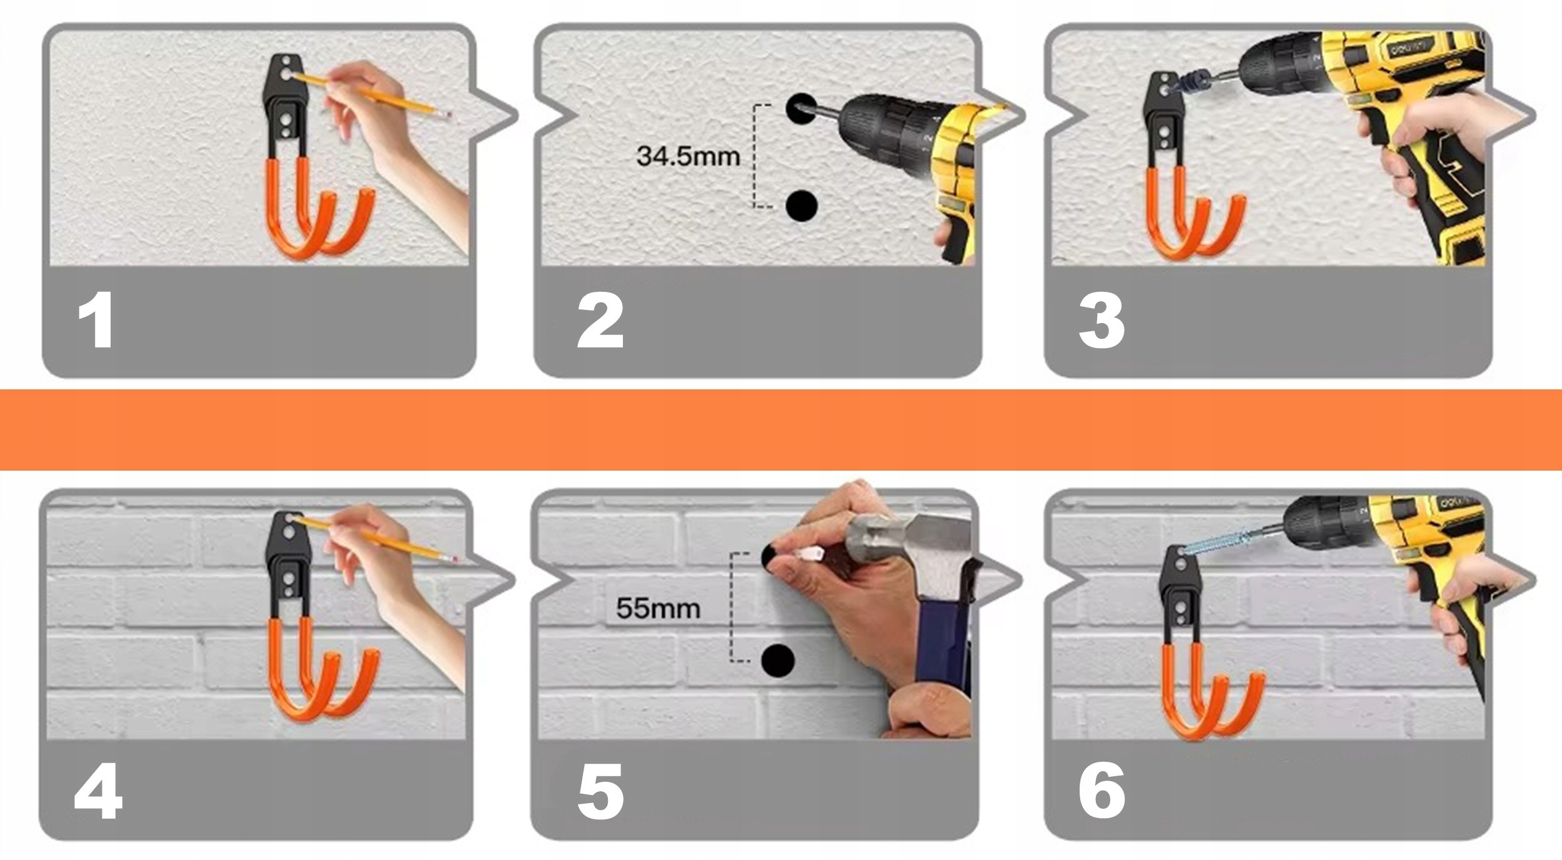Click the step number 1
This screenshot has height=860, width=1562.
(x=96, y=321)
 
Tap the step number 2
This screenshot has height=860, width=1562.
(x=600, y=321)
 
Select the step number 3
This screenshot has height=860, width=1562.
(x=1102, y=321)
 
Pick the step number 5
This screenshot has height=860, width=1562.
(x=600, y=791)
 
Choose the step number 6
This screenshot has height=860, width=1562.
(x=1102, y=791)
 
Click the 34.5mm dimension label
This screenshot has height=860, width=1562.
(x=688, y=156)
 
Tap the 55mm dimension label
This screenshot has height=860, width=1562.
(x=658, y=608)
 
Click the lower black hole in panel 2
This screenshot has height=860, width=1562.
(x=802, y=205)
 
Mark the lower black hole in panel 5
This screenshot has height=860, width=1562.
(x=778, y=659)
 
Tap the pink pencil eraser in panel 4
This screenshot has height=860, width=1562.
(x=453, y=558)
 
